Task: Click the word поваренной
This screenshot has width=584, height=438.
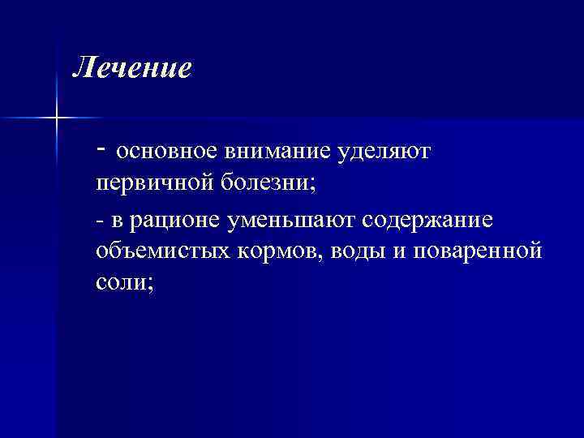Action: point(477,251)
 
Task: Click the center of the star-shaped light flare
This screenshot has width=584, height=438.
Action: point(58,118)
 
